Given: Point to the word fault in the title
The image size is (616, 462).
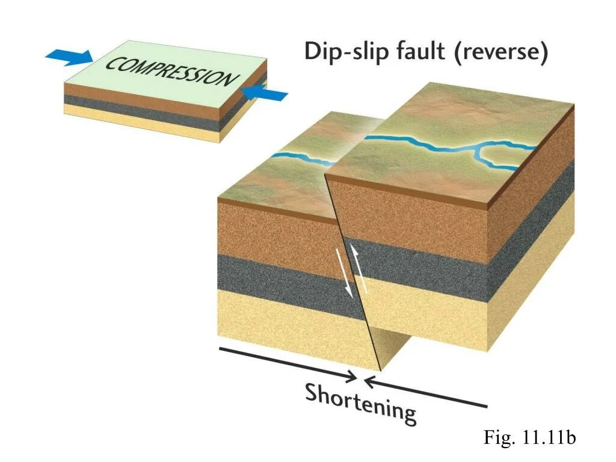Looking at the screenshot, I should point(420,52).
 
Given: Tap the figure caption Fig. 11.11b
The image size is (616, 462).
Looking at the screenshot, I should point(529,438).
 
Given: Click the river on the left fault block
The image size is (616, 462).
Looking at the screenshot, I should point(301,159).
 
